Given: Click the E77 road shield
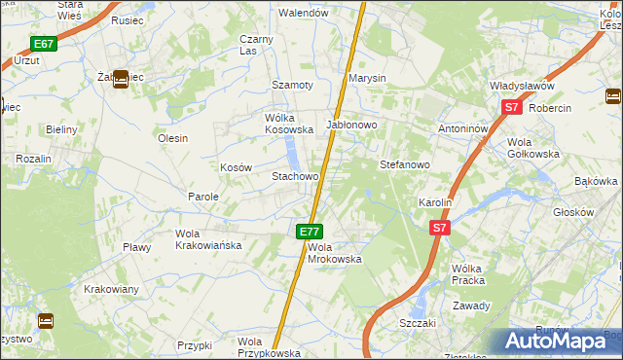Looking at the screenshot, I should [310, 232].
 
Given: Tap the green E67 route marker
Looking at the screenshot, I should [43, 44].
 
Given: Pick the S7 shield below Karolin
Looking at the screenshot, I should [440, 228].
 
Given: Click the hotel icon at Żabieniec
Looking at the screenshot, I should [119, 82].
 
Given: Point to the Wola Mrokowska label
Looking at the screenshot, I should [334, 254].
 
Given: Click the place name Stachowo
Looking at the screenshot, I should [295, 177].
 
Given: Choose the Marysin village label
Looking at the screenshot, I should [368, 79].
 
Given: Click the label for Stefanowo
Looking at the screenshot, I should [404, 164].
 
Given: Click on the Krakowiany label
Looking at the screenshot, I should [111, 289].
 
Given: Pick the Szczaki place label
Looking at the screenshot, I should [417, 322].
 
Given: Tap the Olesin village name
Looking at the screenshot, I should [172, 138].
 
